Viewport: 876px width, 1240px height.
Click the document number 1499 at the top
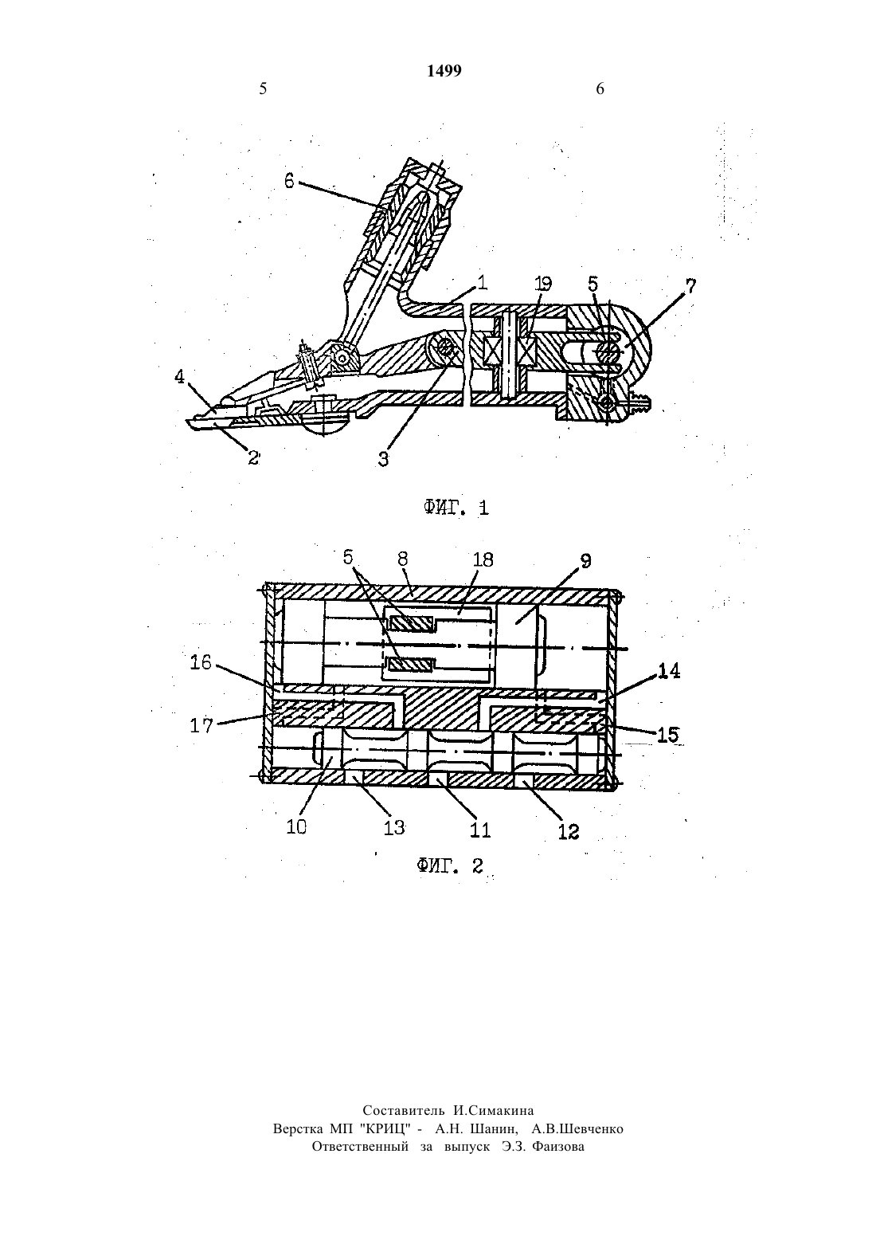click(444, 71)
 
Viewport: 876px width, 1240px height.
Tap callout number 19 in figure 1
click(543, 284)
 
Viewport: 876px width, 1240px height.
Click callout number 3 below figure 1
click(383, 460)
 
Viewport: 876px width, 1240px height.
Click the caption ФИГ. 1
click(456, 508)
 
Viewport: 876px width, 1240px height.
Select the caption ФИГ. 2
click(450, 865)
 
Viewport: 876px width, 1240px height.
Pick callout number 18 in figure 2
click(483, 559)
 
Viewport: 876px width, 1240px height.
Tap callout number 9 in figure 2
click(585, 561)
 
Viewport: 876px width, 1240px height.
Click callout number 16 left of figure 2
click(201, 662)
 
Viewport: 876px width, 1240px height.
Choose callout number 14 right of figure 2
click(670, 672)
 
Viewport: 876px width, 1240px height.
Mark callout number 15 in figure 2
click(667, 735)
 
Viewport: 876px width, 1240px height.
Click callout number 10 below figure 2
click(296, 826)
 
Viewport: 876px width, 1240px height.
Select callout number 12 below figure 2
click(568, 831)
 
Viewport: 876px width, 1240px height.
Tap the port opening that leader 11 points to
click(437, 779)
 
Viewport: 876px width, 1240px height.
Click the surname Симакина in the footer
click(493, 1110)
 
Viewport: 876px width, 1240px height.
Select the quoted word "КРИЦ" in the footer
click(385, 1128)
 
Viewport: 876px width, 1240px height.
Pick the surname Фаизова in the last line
click(557, 1147)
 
